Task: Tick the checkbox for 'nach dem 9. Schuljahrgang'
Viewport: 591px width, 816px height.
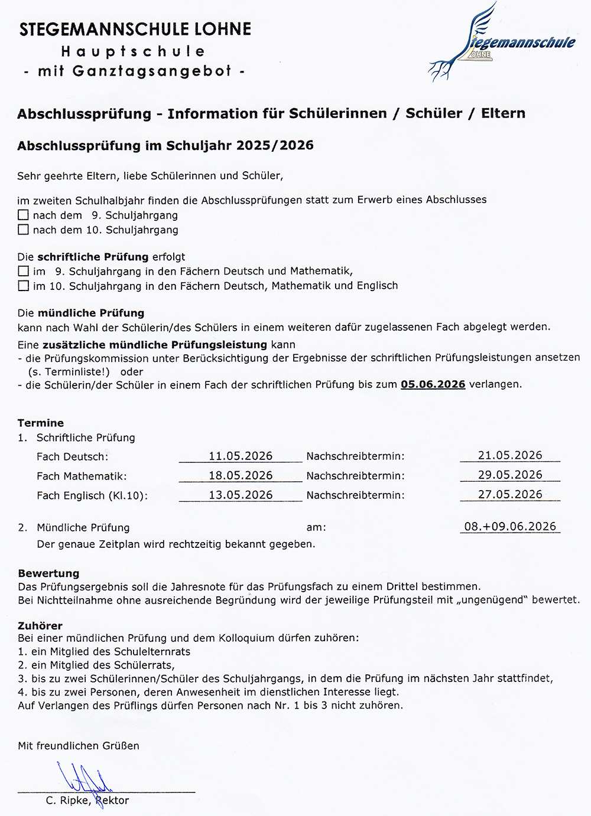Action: click(x=23, y=215)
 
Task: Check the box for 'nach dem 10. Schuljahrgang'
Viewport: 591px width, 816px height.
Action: click(x=23, y=230)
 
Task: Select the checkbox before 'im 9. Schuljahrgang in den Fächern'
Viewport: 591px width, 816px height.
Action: click(x=23, y=271)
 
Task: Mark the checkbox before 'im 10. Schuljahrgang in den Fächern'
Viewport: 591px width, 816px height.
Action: click(x=23, y=286)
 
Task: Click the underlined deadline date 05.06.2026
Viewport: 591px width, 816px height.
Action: click(x=433, y=384)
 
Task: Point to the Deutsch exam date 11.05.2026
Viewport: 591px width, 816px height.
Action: click(x=241, y=456)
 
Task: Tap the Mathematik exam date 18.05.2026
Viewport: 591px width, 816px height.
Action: click(x=241, y=475)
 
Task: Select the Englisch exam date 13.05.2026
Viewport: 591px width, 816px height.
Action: click(x=241, y=495)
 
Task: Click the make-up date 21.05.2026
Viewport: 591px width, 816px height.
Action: click(x=510, y=455)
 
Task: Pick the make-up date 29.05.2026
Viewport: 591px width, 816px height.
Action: click(x=510, y=475)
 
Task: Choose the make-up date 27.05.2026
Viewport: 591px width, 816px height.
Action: click(x=510, y=494)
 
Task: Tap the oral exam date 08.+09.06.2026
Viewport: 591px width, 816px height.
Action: click(x=510, y=526)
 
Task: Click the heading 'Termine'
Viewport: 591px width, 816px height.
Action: click(x=41, y=423)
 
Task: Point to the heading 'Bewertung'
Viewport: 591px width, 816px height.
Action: click(x=48, y=573)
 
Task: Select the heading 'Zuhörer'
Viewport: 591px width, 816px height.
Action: click(x=40, y=625)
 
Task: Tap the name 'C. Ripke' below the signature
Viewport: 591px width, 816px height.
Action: click(x=68, y=801)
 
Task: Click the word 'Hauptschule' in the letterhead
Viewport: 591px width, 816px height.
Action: click(x=133, y=51)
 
